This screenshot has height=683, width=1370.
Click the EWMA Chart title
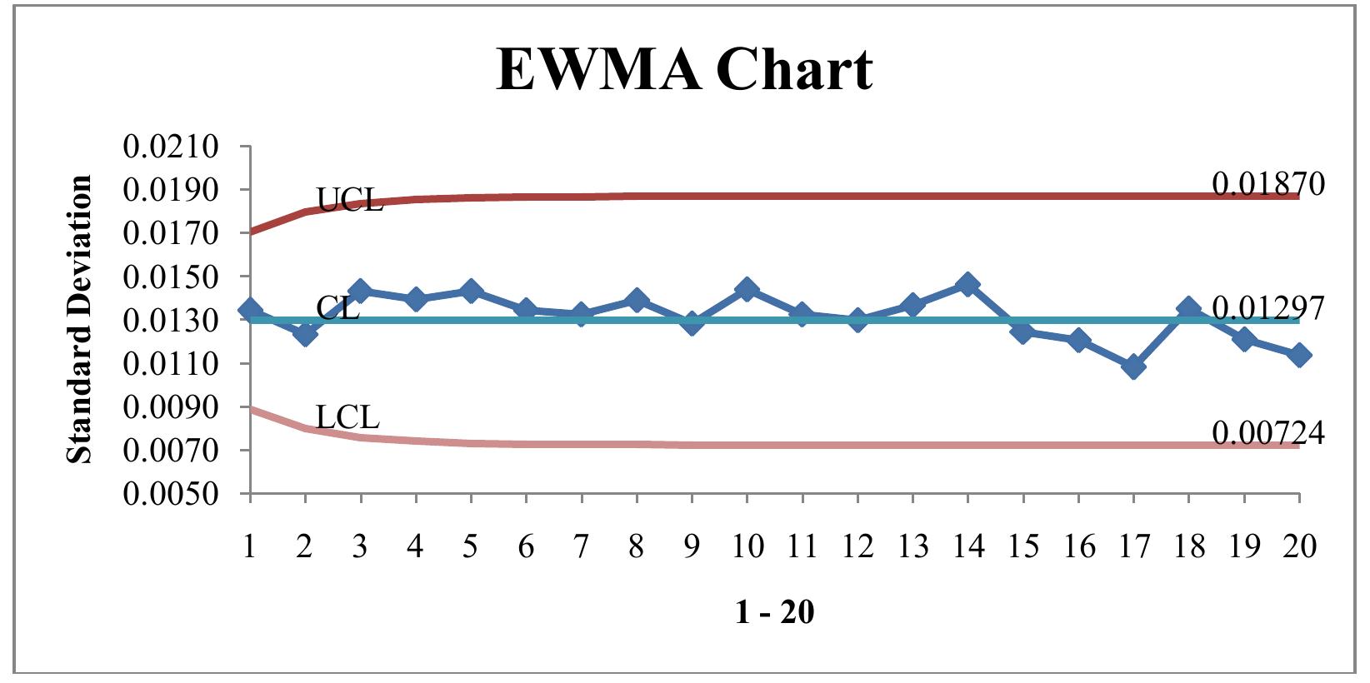click(x=684, y=68)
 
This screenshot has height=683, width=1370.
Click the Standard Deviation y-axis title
click(x=80, y=319)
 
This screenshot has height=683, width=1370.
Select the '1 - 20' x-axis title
click(x=774, y=613)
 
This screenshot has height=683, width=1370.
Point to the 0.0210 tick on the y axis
click(x=171, y=147)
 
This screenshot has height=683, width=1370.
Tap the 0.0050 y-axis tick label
click(x=171, y=494)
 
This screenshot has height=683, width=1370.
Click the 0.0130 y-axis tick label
click(x=171, y=321)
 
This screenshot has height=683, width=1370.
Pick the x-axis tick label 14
click(x=967, y=546)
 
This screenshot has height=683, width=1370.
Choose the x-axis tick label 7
click(x=581, y=546)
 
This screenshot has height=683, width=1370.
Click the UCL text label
click(x=350, y=201)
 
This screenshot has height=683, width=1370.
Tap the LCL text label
click(x=347, y=417)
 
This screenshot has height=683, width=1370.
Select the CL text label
click(x=337, y=308)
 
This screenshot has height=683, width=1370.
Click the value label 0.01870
click(x=1267, y=184)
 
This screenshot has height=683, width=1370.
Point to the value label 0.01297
click(x=1267, y=308)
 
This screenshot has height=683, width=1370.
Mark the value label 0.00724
click(x=1267, y=433)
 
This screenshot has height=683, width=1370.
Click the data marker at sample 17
click(x=1133, y=366)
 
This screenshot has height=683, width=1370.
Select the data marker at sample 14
click(x=967, y=285)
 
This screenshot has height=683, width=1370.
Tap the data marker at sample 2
click(x=305, y=333)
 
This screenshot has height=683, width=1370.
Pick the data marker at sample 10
click(x=747, y=290)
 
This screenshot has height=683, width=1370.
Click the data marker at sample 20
click(x=1298, y=356)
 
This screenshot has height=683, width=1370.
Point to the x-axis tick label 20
click(x=1299, y=546)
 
